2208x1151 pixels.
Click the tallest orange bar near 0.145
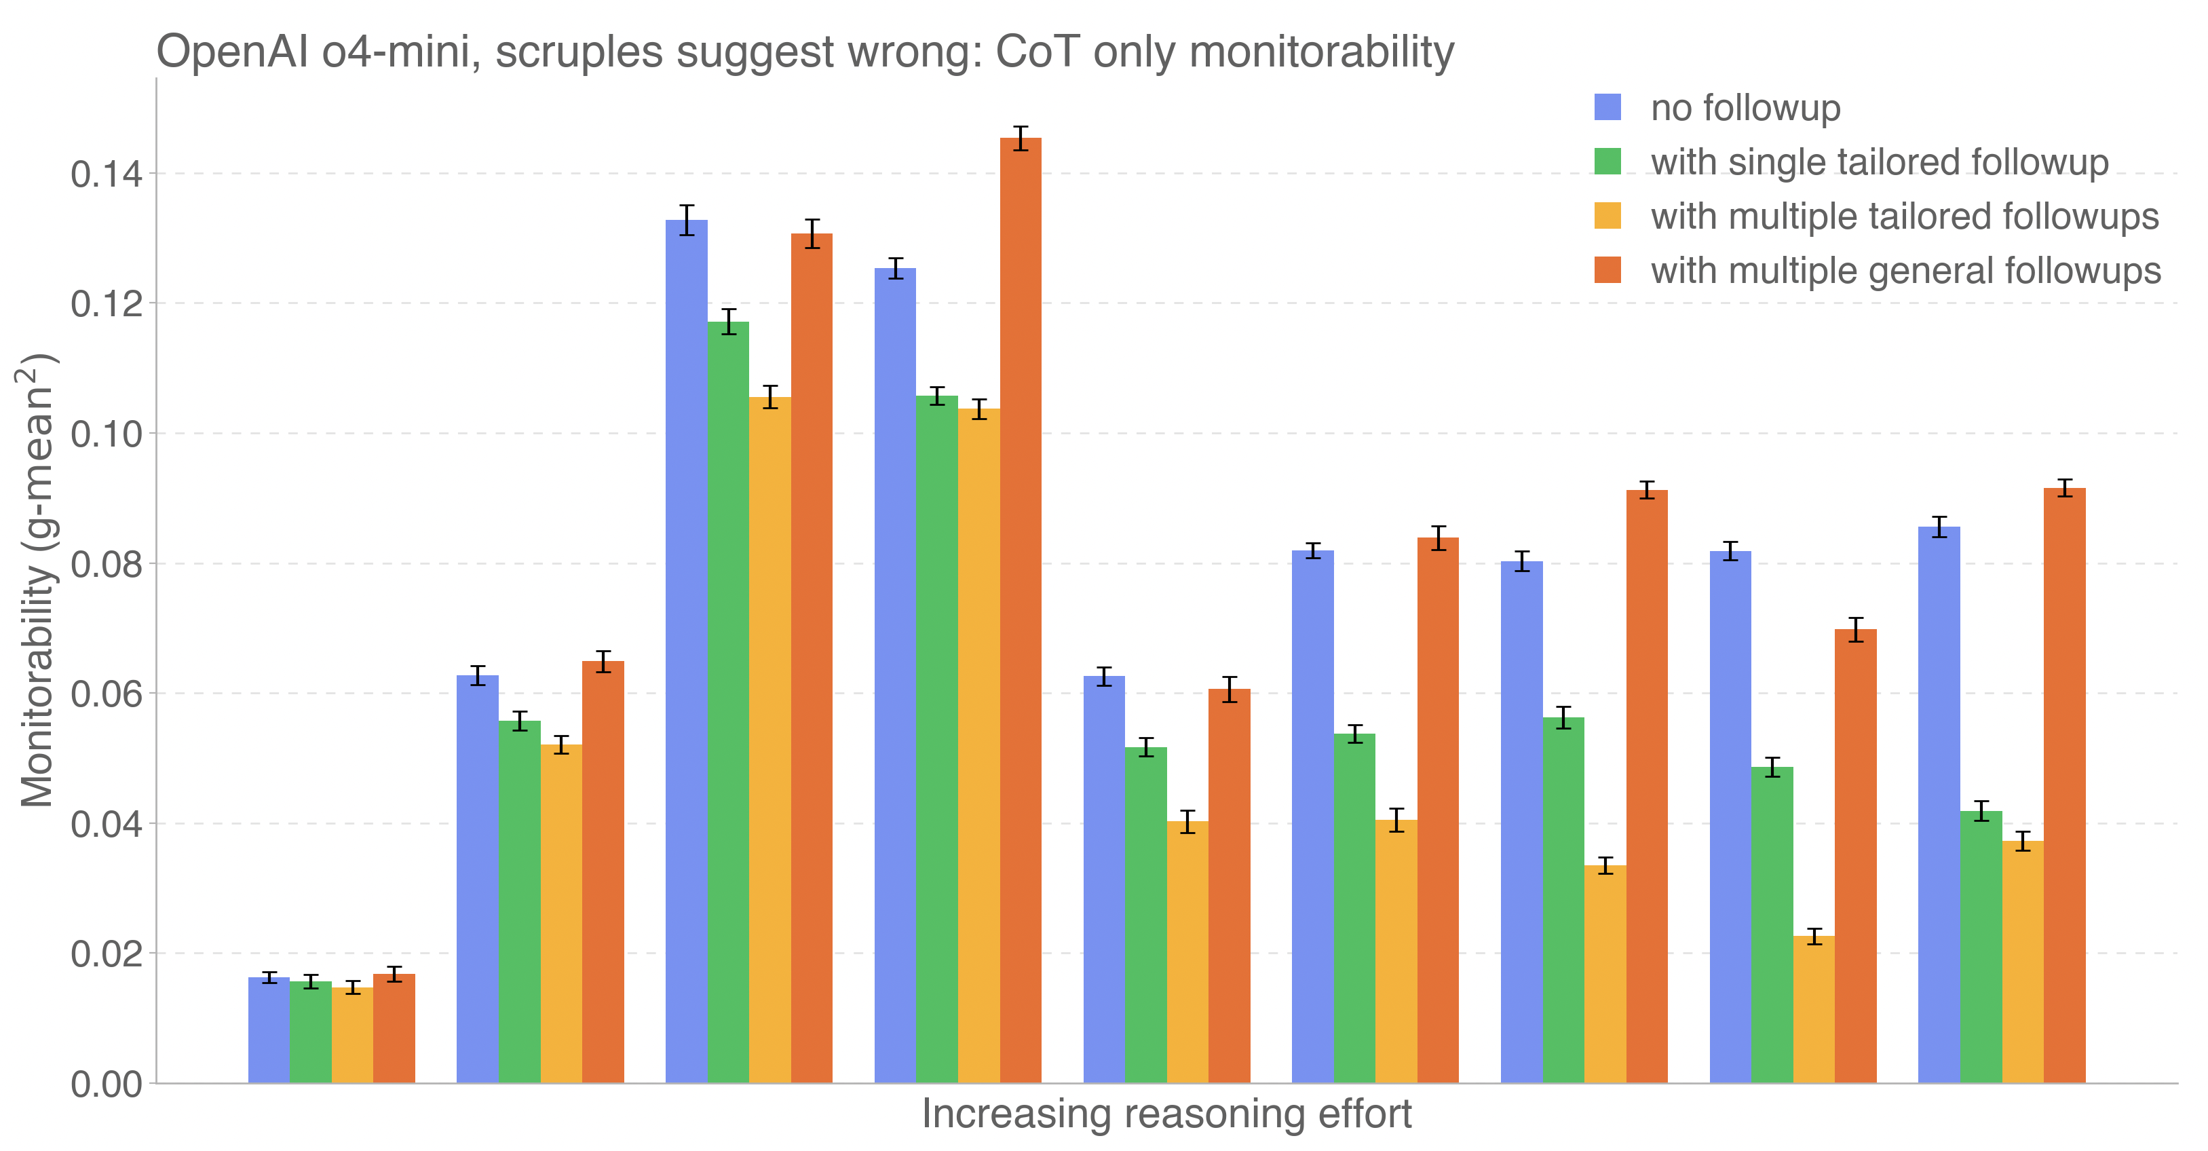(x=1020, y=609)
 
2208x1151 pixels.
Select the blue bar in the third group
(x=687, y=652)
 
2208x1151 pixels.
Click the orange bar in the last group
(x=2064, y=785)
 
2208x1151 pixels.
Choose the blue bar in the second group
(x=478, y=878)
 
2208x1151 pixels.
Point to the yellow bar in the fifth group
(x=1187, y=951)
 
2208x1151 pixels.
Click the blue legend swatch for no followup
(x=1607, y=107)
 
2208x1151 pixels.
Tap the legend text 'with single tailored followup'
(x=1879, y=162)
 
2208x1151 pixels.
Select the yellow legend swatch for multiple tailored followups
(x=1607, y=216)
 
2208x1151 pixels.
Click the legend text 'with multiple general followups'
(x=1905, y=271)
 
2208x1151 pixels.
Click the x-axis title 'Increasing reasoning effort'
(x=1166, y=1114)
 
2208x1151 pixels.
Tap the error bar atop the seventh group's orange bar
(x=1647, y=489)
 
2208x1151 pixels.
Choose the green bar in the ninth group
(x=1981, y=946)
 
